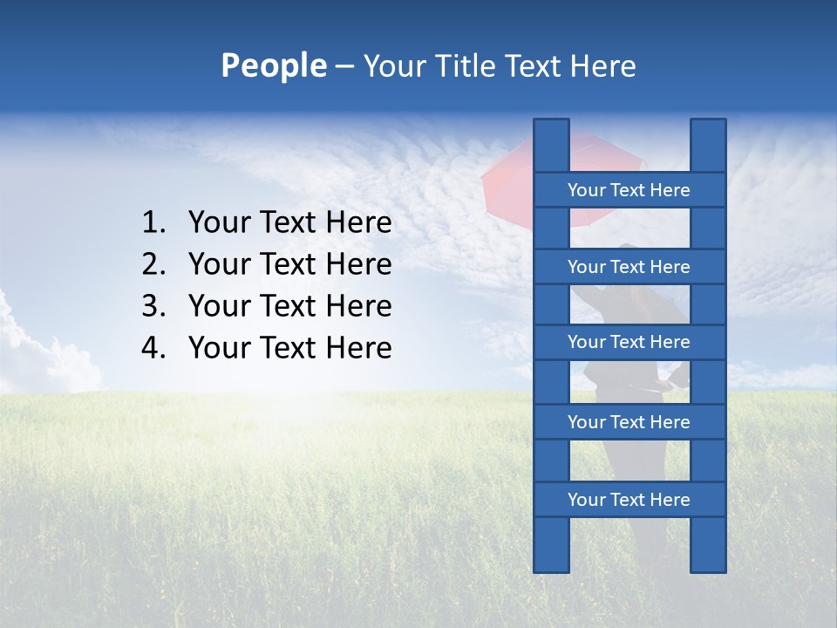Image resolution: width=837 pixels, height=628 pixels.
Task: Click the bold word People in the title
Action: coord(273,65)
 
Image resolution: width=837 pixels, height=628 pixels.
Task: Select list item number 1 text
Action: coord(289,223)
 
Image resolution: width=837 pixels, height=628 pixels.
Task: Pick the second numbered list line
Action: coord(289,264)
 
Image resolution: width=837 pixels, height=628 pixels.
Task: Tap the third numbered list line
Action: coord(289,306)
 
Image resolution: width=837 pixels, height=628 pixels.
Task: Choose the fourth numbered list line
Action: coord(289,348)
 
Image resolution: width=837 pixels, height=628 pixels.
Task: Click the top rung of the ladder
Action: coord(629,190)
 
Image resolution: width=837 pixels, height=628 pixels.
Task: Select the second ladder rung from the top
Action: coord(629,267)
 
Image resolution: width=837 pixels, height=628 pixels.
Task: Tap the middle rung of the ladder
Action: coord(629,342)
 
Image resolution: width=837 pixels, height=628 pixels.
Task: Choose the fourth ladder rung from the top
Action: coord(629,422)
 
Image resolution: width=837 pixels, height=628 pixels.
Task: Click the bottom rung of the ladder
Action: coord(629,500)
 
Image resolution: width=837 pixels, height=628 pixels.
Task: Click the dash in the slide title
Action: coord(344,66)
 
